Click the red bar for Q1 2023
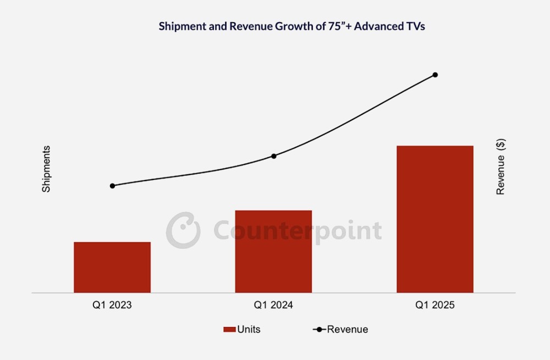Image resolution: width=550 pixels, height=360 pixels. [x=112, y=267]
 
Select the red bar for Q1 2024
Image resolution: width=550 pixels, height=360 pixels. [x=273, y=251]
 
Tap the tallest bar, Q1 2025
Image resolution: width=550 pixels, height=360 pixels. [x=435, y=219]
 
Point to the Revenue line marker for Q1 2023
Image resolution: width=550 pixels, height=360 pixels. [x=112, y=186]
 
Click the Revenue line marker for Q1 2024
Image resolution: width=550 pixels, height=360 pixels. [x=274, y=156]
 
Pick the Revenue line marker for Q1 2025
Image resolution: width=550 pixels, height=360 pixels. [x=435, y=74]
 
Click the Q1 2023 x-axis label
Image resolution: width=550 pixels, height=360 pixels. [x=112, y=305]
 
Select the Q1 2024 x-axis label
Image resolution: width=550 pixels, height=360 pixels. [x=273, y=305]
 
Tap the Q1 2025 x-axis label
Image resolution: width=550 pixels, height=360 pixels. [x=435, y=305]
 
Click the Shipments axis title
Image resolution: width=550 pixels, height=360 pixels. [x=46, y=169]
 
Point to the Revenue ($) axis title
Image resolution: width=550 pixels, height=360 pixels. [x=501, y=167]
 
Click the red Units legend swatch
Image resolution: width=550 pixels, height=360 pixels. [x=229, y=330]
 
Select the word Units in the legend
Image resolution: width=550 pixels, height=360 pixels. [x=249, y=330]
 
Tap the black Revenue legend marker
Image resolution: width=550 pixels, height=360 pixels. [x=319, y=330]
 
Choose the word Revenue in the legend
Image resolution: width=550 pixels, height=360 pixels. [x=348, y=330]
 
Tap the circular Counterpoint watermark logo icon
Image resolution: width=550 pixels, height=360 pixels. [x=183, y=230]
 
